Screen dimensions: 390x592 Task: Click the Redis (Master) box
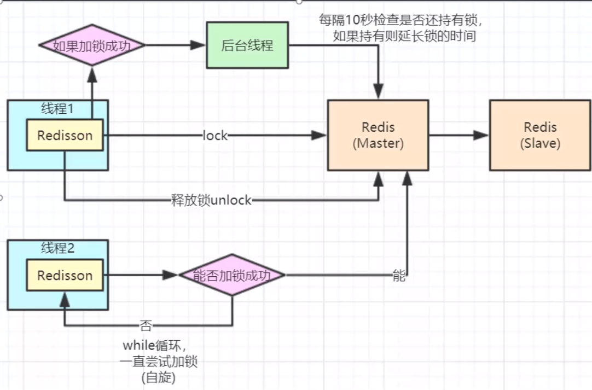coord(378,135)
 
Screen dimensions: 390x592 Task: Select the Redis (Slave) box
coord(540,135)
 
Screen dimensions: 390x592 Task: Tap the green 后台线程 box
coord(247,45)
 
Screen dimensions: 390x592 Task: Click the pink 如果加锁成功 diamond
coord(92,45)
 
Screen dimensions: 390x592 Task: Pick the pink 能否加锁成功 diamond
coord(232,275)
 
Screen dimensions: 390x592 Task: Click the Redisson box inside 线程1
coord(65,136)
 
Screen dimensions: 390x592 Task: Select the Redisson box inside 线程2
coord(65,275)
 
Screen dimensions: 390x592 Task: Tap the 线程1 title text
coord(57,108)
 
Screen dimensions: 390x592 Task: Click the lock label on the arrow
coord(214,136)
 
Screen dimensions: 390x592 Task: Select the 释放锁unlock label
coord(211,200)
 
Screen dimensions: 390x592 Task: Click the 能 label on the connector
coord(399,276)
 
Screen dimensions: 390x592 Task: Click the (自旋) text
coord(158,377)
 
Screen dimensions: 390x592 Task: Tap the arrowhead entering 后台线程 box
coord(199,45)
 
